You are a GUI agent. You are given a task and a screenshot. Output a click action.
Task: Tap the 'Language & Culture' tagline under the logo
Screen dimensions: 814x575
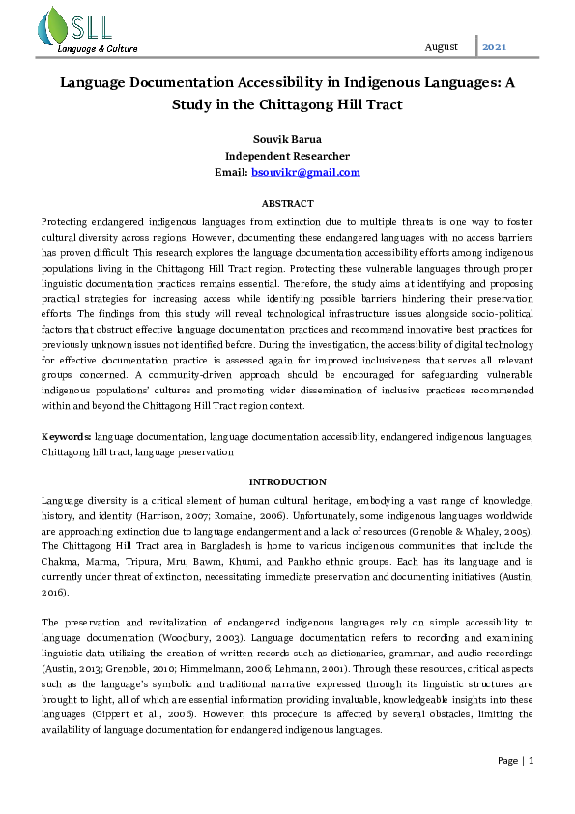click(98, 48)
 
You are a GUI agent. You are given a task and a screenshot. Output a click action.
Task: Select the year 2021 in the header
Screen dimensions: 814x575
click(494, 46)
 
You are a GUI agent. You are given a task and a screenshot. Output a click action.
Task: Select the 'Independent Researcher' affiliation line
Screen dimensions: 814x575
click(287, 155)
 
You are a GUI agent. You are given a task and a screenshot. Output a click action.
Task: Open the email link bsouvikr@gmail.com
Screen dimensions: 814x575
click(305, 172)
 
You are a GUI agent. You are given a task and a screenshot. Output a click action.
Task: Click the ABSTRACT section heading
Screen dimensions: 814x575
click(287, 203)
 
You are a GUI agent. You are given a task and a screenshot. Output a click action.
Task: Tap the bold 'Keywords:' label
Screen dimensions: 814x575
click(67, 437)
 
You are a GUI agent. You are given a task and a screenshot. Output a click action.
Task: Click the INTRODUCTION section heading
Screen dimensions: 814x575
click(287, 481)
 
